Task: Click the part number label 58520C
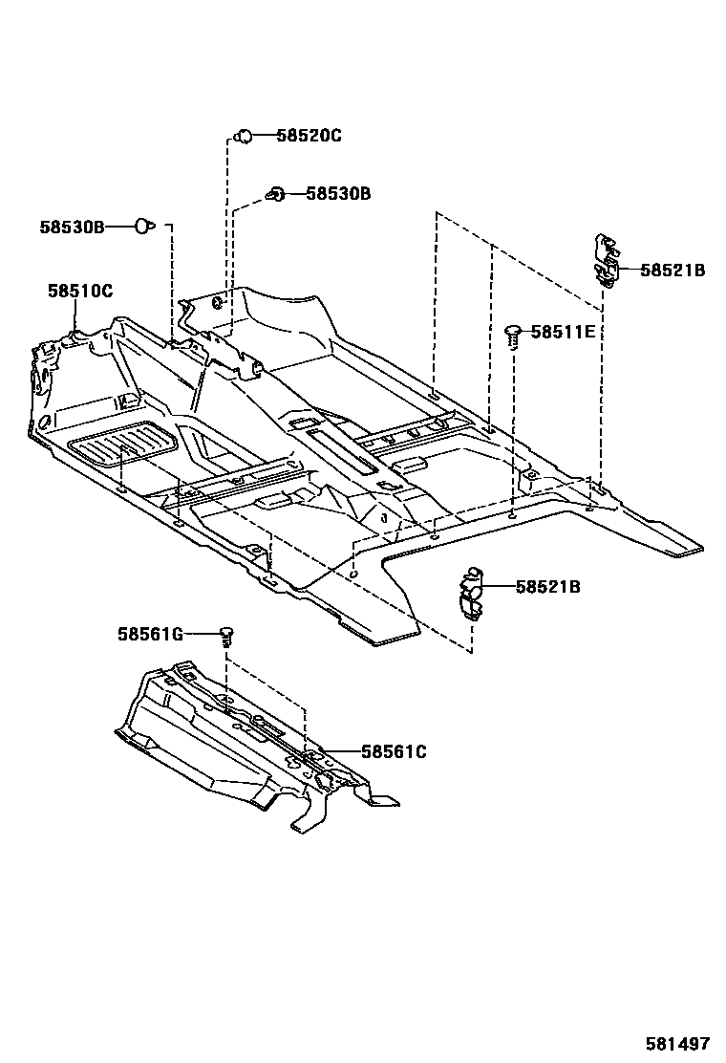(309, 136)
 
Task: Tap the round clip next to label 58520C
(244, 136)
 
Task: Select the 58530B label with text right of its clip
(338, 193)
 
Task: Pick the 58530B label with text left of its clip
(72, 227)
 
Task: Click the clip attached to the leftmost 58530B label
(143, 227)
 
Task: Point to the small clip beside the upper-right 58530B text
(276, 194)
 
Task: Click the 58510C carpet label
(80, 290)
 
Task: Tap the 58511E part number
(563, 332)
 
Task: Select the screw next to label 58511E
(513, 336)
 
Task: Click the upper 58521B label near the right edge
(672, 271)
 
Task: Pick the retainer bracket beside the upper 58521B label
(605, 260)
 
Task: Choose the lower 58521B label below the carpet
(547, 586)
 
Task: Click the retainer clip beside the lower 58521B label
(471, 594)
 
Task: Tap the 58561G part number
(150, 633)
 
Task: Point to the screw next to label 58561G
(226, 633)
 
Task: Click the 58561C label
(394, 752)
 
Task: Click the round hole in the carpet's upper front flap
(219, 305)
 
